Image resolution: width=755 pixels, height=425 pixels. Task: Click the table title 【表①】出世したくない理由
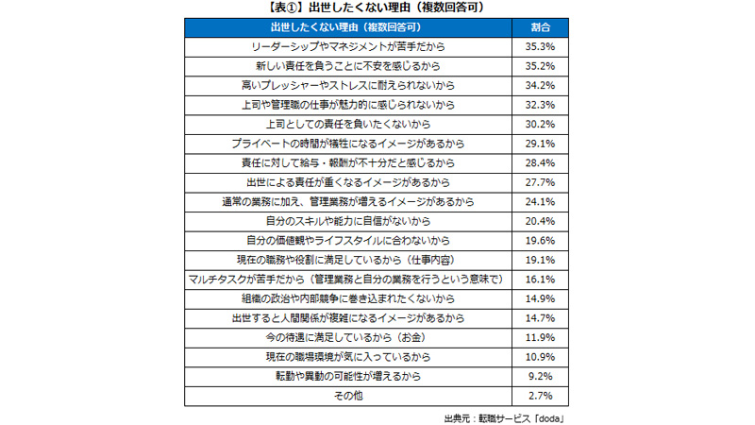pyautogui.click(x=377, y=8)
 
